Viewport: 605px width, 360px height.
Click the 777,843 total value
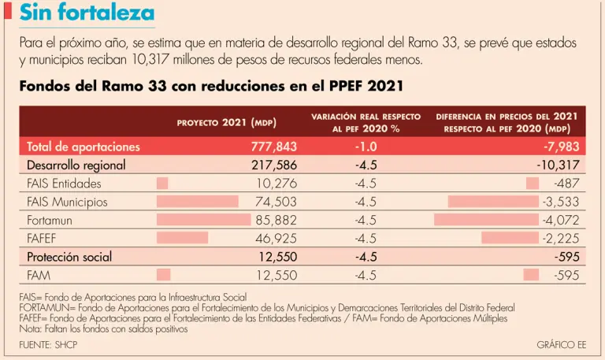coord(274,147)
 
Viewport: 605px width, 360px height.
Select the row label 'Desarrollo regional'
coord(76,165)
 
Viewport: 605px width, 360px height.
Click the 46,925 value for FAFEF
coord(276,238)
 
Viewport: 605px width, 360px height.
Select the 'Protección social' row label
coord(69,257)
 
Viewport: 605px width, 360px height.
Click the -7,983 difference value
coord(562,147)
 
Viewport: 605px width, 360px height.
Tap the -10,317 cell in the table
coord(558,165)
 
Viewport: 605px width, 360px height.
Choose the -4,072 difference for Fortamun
coord(561,220)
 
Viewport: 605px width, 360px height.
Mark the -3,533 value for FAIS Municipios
coord(561,202)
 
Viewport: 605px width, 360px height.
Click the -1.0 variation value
coord(366,147)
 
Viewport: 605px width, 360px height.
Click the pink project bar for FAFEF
coord(183,238)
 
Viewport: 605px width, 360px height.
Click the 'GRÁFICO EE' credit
coord(561,345)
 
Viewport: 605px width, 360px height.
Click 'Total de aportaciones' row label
coord(84,147)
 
